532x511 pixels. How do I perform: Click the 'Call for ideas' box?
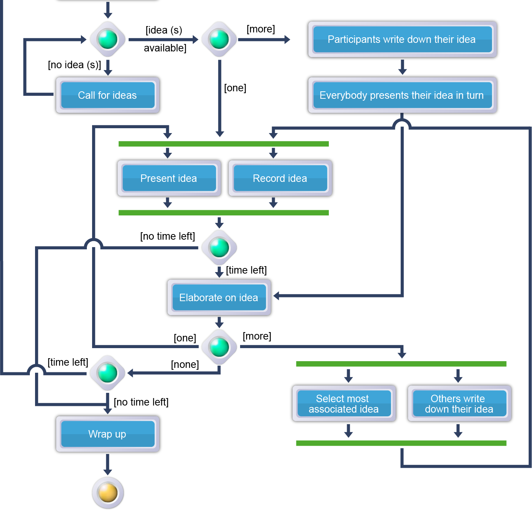[x=107, y=95]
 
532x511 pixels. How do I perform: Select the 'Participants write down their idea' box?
[x=402, y=40]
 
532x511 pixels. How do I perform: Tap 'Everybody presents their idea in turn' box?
[x=402, y=95]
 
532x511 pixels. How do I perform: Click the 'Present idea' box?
[x=169, y=179]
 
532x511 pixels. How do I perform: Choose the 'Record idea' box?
[x=280, y=179]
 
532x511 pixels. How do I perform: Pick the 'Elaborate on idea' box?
[x=219, y=298]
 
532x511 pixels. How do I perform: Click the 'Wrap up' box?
[x=107, y=434]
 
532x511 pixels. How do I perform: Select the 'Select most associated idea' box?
[x=343, y=404]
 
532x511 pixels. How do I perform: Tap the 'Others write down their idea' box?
[x=459, y=404]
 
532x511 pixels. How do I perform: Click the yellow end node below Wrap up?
[x=108, y=492]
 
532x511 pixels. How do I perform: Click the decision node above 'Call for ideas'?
[x=108, y=39]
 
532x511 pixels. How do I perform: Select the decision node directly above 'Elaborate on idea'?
[x=219, y=247]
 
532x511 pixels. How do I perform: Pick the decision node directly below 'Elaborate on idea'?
[x=219, y=347]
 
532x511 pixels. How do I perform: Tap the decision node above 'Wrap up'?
[x=108, y=373]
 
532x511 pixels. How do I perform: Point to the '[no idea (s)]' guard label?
[x=75, y=65]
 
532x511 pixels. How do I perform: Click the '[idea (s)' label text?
[x=164, y=30]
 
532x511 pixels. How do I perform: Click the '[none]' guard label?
[x=185, y=365]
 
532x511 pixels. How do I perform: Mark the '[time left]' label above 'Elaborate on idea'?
[x=246, y=270]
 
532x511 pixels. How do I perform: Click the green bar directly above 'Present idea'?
[x=223, y=144]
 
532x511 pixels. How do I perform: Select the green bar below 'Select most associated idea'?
[x=401, y=443]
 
